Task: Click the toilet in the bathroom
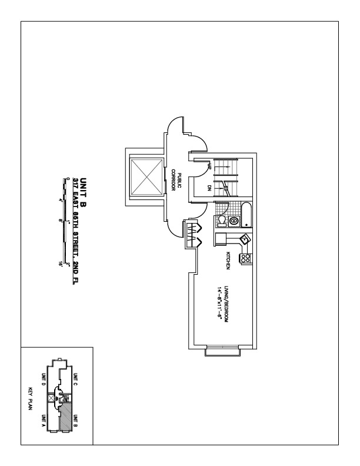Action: point(221,221)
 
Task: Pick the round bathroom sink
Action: point(234,222)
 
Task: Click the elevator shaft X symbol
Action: point(145,177)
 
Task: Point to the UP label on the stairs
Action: point(210,167)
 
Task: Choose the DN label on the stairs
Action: point(210,188)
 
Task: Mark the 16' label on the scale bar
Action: point(61,264)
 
